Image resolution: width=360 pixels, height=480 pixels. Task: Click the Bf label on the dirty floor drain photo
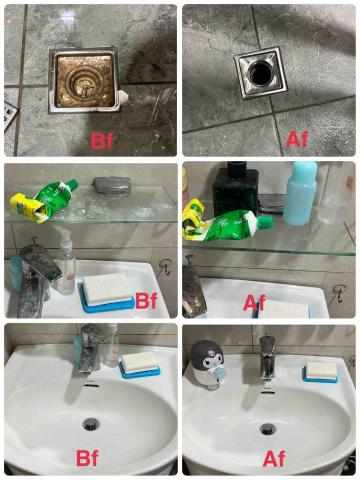(102, 141)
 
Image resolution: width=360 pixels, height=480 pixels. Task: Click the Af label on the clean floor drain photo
(297, 140)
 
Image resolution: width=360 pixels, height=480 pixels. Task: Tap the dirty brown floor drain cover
(83, 82)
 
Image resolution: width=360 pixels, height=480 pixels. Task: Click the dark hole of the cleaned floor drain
(260, 71)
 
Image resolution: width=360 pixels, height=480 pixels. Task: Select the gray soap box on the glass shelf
(112, 184)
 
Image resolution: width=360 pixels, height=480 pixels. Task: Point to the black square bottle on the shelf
(235, 190)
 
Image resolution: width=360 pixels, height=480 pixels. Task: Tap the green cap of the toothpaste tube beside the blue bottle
(265, 221)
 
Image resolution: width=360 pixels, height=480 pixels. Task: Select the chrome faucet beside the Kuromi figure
(267, 358)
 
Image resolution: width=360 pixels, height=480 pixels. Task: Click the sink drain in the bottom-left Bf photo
(91, 424)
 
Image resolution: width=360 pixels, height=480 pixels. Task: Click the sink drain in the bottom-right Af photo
(268, 429)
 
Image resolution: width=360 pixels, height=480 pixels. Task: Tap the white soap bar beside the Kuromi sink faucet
(322, 370)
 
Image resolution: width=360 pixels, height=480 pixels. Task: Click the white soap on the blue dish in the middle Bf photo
(107, 288)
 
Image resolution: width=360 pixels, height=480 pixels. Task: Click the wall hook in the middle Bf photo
(165, 267)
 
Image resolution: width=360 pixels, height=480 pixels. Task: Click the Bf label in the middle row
(146, 301)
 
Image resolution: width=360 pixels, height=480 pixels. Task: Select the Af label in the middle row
(254, 303)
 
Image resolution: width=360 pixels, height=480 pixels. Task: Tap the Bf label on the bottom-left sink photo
(87, 458)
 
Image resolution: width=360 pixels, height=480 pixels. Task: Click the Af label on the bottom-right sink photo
(274, 459)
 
